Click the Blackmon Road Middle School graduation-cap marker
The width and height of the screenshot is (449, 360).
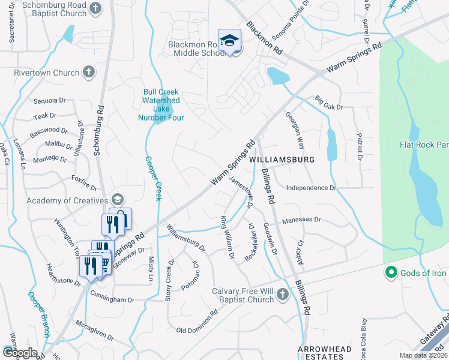pyautogui.click(x=229, y=40)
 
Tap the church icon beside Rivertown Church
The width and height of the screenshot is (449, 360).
pyautogui.click(x=88, y=73)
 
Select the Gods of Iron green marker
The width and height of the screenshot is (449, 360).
pyautogui.click(x=391, y=274)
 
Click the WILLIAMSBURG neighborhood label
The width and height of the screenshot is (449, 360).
pyautogui.click(x=282, y=160)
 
